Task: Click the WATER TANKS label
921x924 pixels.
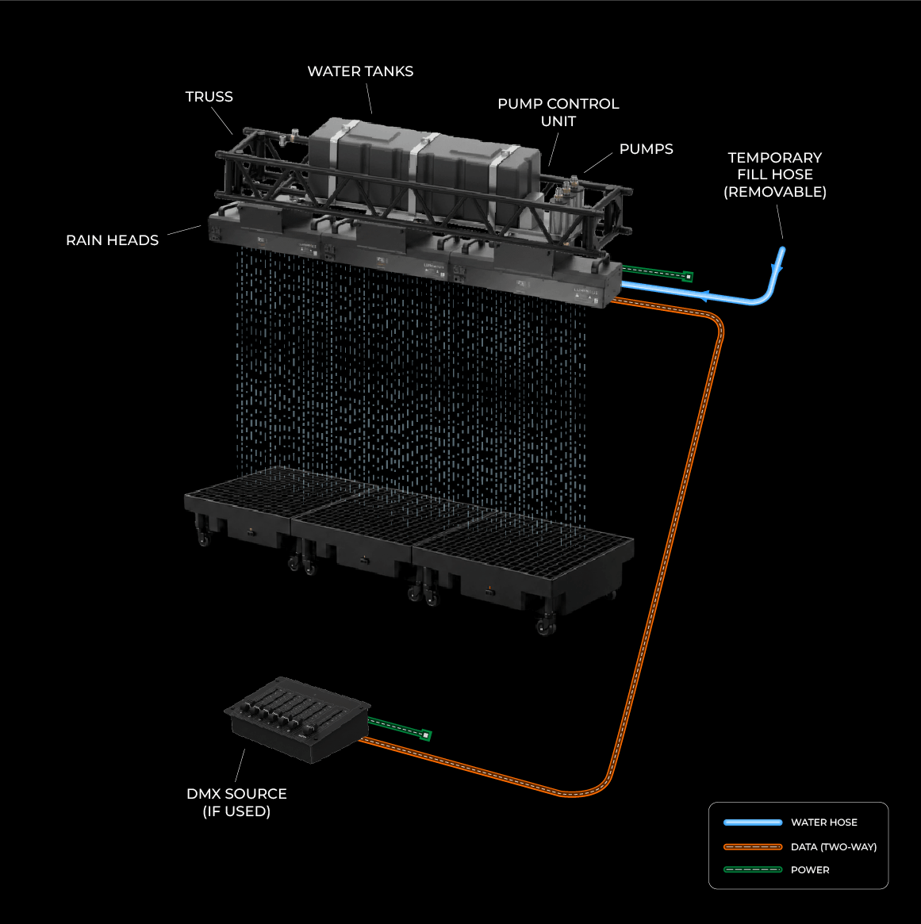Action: tap(360, 71)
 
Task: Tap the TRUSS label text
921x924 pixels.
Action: tap(209, 97)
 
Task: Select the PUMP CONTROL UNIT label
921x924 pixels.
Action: tap(558, 113)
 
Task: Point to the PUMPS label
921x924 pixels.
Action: tap(646, 149)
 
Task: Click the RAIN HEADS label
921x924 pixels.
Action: tap(112, 240)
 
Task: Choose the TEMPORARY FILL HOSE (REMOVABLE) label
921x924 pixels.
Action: tap(775, 174)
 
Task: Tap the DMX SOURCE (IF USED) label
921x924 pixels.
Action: tap(236, 803)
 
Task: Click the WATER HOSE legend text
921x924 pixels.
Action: tap(823, 822)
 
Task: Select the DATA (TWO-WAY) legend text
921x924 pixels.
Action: tap(833, 847)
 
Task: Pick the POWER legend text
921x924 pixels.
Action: tap(810, 870)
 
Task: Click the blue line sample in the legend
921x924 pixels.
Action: tap(753, 822)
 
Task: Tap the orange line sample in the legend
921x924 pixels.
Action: tap(753, 847)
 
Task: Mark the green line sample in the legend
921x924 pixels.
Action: tap(753, 870)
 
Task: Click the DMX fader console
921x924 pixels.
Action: tap(297, 719)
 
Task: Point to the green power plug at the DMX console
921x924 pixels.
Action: tap(425, 735)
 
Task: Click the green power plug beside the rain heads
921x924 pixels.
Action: tap(688, 276)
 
